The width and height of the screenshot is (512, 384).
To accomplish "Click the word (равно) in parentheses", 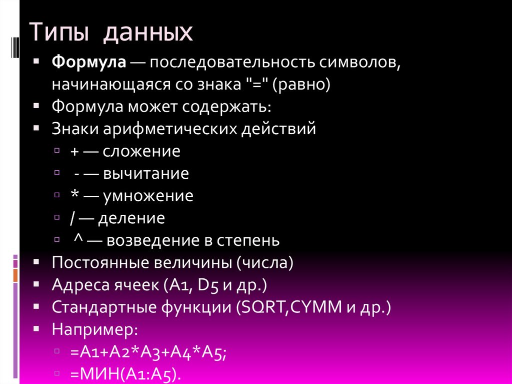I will (x=301, y=85).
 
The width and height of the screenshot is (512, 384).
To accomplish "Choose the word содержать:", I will (x=228, y=107).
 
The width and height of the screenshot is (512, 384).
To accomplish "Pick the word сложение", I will (x=141, y=151).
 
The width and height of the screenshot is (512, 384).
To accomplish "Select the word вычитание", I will (x=146, y=173).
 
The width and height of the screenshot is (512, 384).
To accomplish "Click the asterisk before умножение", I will (x=74, y=195).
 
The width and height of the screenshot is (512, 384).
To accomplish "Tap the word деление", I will (x=131, y=218).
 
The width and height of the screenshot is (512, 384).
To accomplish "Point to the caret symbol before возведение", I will (x=77, y=239).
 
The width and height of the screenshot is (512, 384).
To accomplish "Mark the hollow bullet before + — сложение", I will (x=58, y=151).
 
